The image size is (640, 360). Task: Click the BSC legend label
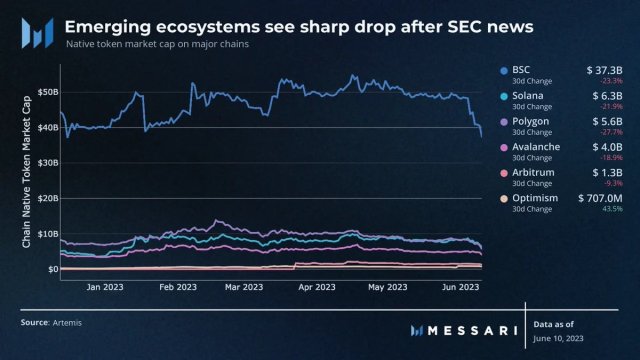(520, 69)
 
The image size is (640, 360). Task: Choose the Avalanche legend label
(534, 147)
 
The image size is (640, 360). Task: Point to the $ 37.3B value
(603, 69)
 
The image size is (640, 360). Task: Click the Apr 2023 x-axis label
(317, 286)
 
